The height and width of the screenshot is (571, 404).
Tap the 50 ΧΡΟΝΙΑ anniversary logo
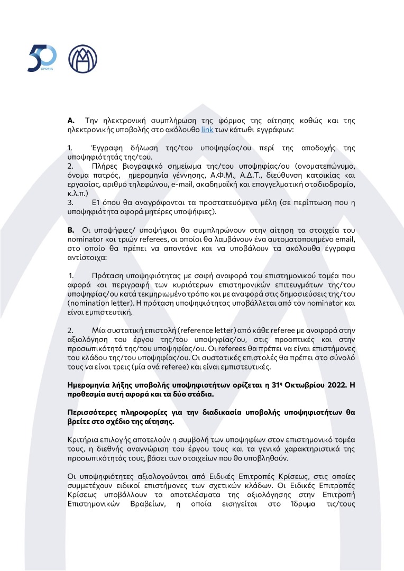click(42, 58)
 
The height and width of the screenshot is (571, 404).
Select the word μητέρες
click(160, 212)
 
